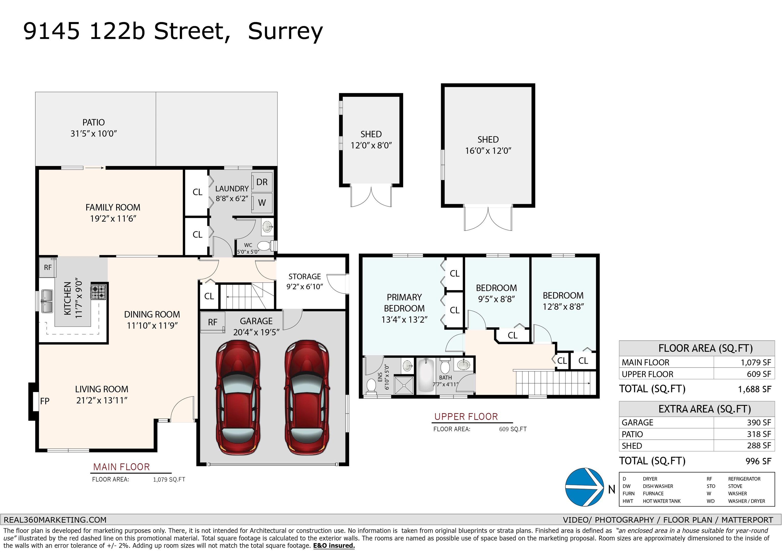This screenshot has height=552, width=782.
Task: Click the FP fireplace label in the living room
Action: [x=45, y=401]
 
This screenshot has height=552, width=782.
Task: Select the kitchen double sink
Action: [x=47, y=301]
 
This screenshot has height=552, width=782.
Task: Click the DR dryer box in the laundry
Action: [x=262, y=182]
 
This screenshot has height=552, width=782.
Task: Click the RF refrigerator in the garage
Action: [x=213, y=321]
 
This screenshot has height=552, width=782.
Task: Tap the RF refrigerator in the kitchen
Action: [x=48, y=267]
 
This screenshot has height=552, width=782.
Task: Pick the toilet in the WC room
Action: [x=267, y=245]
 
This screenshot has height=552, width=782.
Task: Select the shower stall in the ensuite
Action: [x=404, y=385]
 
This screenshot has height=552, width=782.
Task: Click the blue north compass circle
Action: [x=584, y=487]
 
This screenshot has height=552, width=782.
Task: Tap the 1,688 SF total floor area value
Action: [x=755, y=389]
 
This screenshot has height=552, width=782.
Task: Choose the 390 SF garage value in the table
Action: [x=759, y=422]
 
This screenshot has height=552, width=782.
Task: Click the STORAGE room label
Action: [x=304, y=277]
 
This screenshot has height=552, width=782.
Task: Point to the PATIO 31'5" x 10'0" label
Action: [x=94, y=128]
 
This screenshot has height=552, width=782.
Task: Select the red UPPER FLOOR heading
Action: [x=466, y=417]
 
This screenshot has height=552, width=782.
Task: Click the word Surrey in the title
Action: [x=285, y=32]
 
